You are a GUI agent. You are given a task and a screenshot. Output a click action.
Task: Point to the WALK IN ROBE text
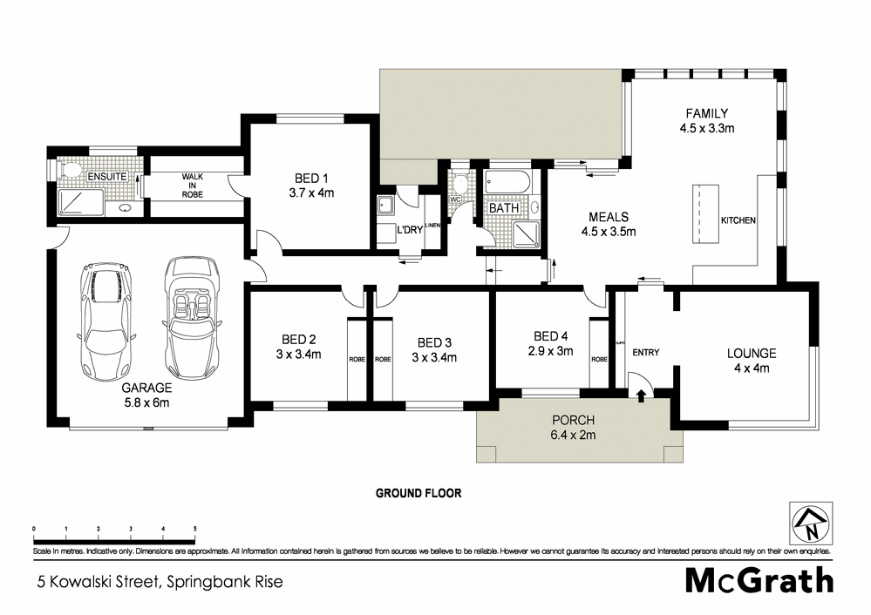(192, 186)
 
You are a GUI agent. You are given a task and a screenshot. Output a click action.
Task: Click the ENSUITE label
(108, 177)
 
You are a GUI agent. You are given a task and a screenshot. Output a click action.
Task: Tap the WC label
(454, 199)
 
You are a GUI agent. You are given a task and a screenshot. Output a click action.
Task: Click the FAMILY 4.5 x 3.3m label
(706, 120)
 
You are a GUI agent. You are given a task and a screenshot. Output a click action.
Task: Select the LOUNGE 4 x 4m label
(752, 361)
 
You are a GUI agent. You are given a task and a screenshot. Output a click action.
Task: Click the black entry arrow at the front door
(642, 396)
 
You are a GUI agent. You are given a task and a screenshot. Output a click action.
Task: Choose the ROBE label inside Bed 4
(599, 359)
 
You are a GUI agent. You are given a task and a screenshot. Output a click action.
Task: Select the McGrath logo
(759, 580)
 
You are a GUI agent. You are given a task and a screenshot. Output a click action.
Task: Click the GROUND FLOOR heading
(418, 493)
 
